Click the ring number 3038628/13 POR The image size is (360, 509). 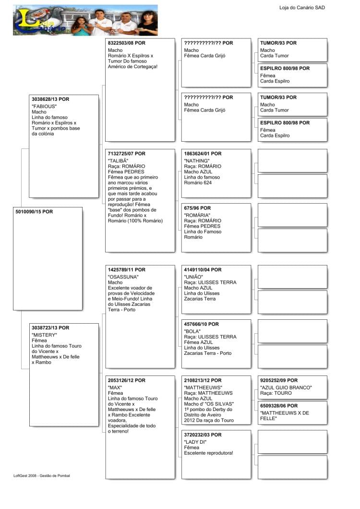coord(50,99)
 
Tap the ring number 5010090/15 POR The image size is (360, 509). coord(34,211)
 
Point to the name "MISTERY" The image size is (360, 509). coord(44,335)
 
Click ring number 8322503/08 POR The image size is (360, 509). coord(126,43)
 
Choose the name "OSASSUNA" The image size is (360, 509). coord(123,277)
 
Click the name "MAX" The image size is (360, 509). coord(115,388)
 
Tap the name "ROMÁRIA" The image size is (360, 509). coord(197,215)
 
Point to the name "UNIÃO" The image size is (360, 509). coord(193,277)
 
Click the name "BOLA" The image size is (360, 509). coord(192,331)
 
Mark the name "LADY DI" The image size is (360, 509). coord(195,442)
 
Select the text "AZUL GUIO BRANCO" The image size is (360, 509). coord(286,388)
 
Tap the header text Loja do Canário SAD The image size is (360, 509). coord(302,8)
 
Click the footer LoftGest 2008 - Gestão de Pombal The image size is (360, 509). coord(42,475)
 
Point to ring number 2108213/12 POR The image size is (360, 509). coord(203,380)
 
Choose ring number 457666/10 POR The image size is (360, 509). coord(201,324)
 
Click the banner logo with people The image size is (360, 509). coord(85,20)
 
